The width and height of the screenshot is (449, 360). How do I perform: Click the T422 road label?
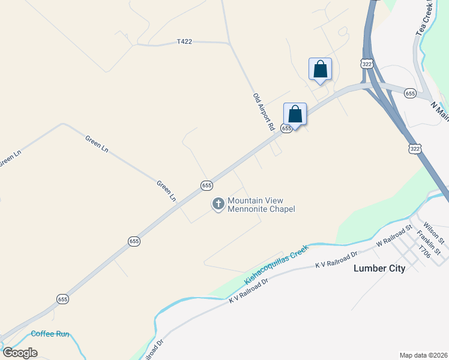point(184,41)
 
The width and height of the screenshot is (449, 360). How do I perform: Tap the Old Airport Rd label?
point(264,112)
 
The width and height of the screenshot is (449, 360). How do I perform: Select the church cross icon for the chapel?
point(218,205)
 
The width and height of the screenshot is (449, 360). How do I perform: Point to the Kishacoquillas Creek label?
point(276,265)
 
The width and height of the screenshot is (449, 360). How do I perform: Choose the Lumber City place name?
point(379,268)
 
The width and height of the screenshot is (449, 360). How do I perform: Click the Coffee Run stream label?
point(51,334)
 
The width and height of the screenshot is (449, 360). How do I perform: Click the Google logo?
point(20,353)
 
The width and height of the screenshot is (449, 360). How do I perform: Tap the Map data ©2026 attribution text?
point(423,355)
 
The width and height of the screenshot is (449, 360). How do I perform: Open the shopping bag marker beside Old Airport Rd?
point(295,113)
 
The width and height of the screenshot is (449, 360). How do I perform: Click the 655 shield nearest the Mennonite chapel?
point(206,185)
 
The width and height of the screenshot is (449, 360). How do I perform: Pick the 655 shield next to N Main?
point(410,93)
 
